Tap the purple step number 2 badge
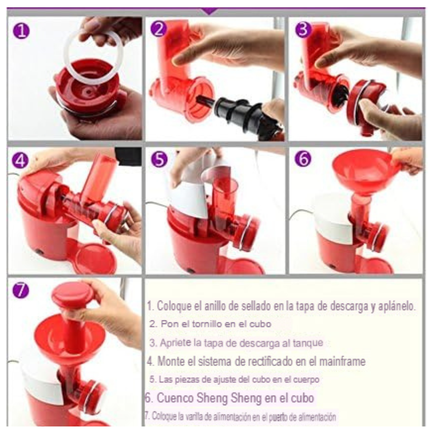158,29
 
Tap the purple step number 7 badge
20,290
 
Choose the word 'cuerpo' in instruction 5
306,379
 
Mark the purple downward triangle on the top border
209,11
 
